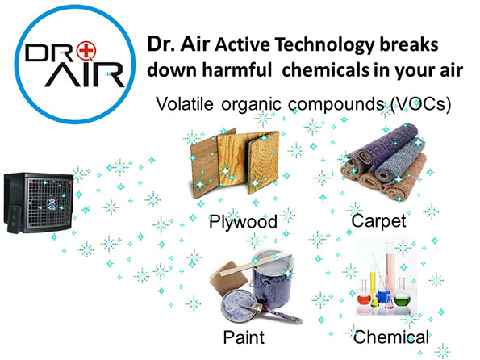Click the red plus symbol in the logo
point(86,51)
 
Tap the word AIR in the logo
point(85,74)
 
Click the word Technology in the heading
point(325,44)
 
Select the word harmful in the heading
point(237,70)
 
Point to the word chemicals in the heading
point(325,70)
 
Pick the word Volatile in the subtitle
point(185,103)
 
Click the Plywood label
point(243,222)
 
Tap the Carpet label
point(378,221)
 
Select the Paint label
point(244,337)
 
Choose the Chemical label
point(391,337)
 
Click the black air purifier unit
point(38,203)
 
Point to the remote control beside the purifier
point(15,220)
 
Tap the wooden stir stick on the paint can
point(255,264)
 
